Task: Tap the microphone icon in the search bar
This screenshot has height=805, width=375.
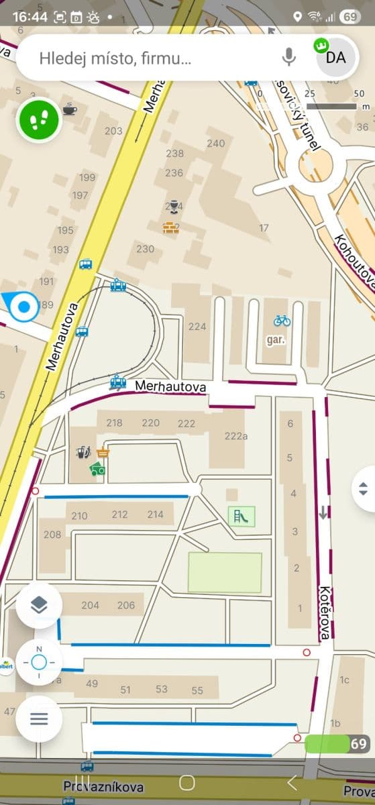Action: tap(289, 58)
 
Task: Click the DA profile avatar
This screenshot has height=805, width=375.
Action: tap(335, 57)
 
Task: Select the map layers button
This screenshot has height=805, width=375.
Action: tap(39, 605)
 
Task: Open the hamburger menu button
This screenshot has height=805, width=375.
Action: tap(39, 719)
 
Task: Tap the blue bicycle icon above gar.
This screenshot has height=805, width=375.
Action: tap(282, 321)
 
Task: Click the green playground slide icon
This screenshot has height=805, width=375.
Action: tap(242, 516)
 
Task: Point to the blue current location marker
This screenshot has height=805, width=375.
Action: tap(23, 307)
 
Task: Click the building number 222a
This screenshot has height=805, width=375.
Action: tap(236, 436)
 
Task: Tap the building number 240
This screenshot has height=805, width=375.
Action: tap(216, 143)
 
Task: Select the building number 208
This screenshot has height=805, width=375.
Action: tap(52, 535)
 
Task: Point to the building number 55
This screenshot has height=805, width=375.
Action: tap(197, 690)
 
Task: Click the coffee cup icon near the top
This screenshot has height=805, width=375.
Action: tap(70, 109)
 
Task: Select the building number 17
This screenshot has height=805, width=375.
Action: tap(264, 228)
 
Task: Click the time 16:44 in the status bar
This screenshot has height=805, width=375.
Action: tap(30, 16)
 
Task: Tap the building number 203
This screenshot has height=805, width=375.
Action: tap(113, 131)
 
